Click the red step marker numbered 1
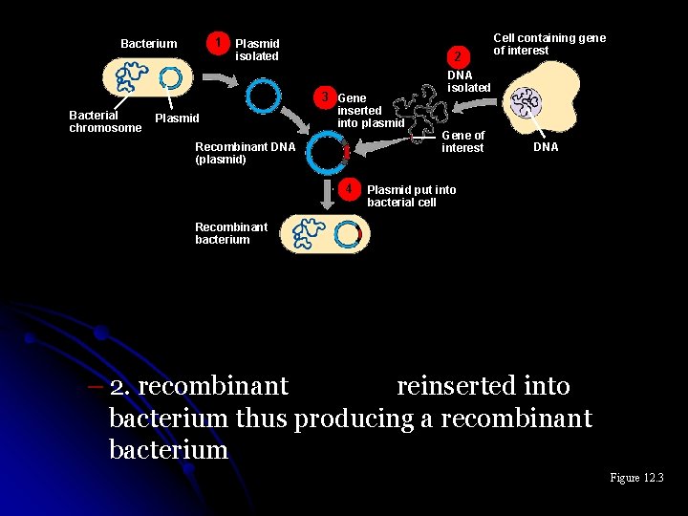pyautogui.click(x=221, y=43)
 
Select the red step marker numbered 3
pyautogui.click(x=326, y=97)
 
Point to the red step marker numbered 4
pyautogui.click(x=350, y=188)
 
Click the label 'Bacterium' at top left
pyautogui.click(x=148, y=44)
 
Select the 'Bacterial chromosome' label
pyautogui.click(x=104, y=121)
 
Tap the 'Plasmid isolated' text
pyautogui.click(x=257, y=50)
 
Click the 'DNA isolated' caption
pyautogui.click(x=468, y=81)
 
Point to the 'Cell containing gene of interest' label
pyautogui.click(x=548, y=44)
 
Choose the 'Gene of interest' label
pyautogui.click(x=462, y=141)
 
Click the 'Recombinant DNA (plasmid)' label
pyautogui.click(x=245, y=153)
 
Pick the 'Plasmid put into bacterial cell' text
pyautogui.click(x=411, y=196)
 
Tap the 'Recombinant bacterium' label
pyautogui.click(x=230, y=233)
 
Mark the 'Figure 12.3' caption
pyautogui.click(x=636, y=478)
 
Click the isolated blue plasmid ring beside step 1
pyautogui.click(x=263, y=96)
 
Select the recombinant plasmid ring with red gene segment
pyautogui.click(x=332, y=150)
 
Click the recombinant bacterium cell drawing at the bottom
pyautogui.click(x=324, y=233)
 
